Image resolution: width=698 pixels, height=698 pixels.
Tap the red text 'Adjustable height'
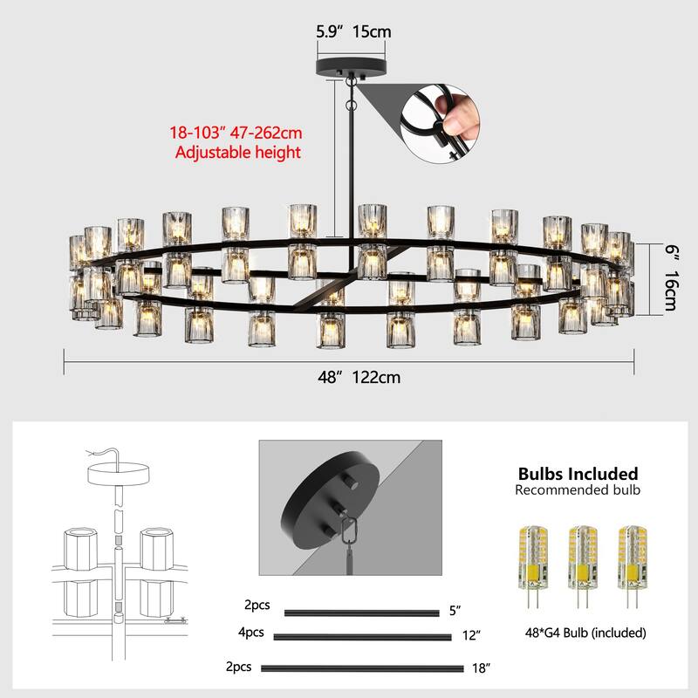tap(237, 153)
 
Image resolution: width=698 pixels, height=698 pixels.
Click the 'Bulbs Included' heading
tap(578, 474)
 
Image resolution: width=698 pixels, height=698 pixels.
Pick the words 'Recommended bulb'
tap(578, 490)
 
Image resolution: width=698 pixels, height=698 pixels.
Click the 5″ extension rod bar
tap(361, 612)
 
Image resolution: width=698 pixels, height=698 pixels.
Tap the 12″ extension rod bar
tap(362, 637)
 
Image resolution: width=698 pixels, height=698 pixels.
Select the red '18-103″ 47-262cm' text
tap(236, 134)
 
